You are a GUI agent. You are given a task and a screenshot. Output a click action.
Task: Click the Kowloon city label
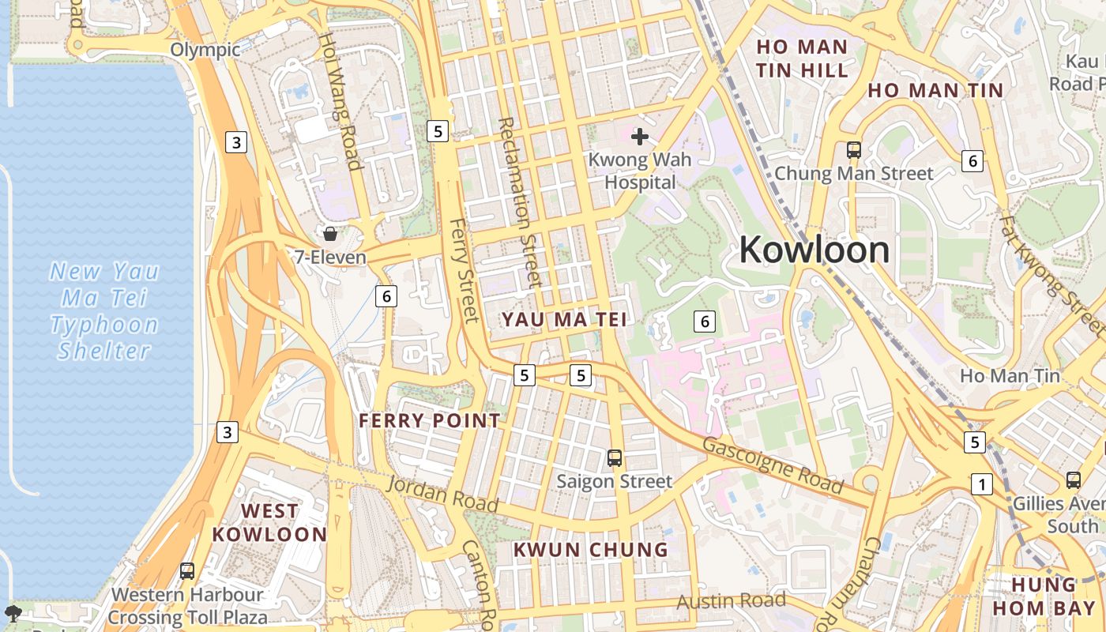point(814,250)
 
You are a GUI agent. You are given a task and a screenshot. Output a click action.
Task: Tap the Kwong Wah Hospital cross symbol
point(640,137)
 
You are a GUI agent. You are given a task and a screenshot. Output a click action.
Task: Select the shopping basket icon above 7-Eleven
point(330,234)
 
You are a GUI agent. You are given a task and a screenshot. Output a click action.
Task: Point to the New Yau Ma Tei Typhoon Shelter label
point(104,310)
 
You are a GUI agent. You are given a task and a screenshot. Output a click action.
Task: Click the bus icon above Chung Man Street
point(853,149)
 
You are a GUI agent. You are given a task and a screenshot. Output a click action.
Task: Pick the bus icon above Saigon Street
point(615,457)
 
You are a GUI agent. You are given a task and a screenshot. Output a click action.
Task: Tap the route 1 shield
point(981,483)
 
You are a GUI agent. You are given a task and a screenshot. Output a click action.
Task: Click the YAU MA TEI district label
point(565,319)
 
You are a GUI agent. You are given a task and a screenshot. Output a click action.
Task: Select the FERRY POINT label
point(430,420)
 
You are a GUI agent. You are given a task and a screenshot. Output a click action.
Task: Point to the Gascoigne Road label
point(772,465)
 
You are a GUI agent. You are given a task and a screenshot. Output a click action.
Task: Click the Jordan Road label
point(442,494)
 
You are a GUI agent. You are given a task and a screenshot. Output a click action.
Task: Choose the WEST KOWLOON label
point(269,522)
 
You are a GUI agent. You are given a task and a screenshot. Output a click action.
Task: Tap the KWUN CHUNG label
point(591,549)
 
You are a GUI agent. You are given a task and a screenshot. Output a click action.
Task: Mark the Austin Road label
point(731,601)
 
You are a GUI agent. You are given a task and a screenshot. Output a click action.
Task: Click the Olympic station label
point(205,50)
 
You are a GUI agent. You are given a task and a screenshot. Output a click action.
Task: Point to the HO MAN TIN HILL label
point(802,58)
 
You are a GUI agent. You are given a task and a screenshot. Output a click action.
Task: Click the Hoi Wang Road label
point(340,100)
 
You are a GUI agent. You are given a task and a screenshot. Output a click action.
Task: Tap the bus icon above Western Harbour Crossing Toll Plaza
point(187,570)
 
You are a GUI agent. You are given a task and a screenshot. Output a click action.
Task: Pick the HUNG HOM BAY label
point(1045,596)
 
